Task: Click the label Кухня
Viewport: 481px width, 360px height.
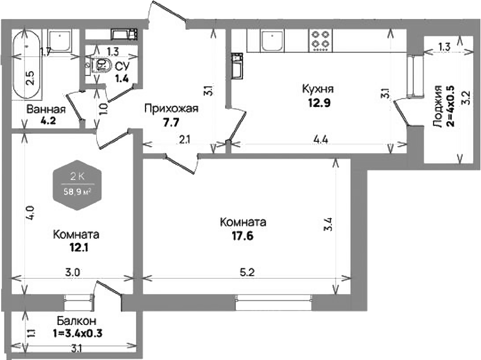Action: (318, 89)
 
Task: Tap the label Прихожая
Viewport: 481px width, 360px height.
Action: (170, 109)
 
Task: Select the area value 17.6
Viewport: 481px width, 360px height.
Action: (242, 235)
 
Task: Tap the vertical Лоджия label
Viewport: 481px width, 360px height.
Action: (438, 106)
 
